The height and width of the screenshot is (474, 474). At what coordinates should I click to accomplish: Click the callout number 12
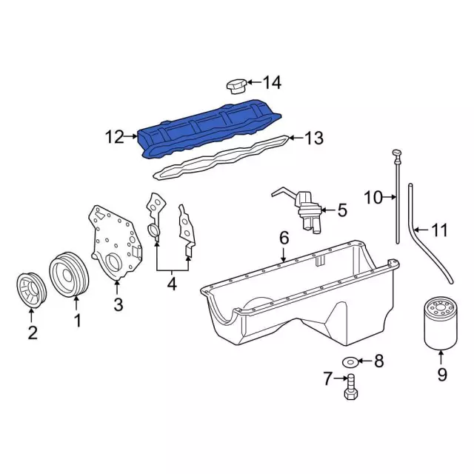pos(116,137)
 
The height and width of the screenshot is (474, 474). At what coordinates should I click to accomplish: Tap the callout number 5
pos(342,210)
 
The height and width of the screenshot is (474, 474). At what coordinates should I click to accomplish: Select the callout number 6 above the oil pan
pos(284,238)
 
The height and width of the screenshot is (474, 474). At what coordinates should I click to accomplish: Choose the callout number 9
pos(441,375)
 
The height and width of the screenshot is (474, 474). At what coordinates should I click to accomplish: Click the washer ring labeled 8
pos(350,361)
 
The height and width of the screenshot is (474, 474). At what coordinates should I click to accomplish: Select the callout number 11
pos(439,230)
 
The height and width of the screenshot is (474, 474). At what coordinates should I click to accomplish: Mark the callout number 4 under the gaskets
pos(171,282)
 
